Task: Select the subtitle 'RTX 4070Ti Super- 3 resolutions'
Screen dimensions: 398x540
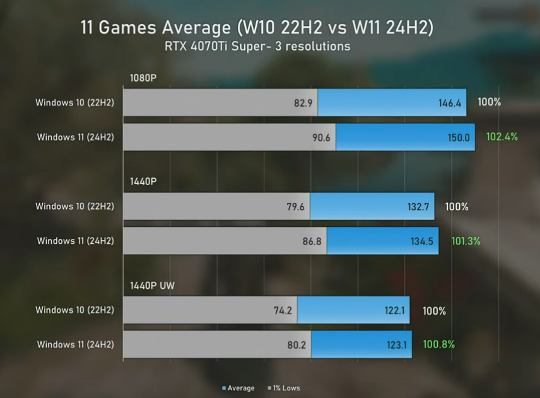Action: pos(257,46)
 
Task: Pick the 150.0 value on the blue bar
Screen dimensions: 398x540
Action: pos(458,137)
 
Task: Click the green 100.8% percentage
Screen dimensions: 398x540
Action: pos(439,344)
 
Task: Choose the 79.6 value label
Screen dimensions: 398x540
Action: pos(296,207)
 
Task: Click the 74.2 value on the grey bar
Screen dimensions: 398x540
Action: pos(283,310)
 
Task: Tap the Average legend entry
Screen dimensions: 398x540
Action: pos(238,388)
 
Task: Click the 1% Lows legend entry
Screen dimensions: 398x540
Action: pos(284,388)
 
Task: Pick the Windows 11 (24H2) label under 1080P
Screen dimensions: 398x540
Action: pos(75,136)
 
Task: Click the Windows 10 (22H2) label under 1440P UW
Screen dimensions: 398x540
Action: pos(74,310)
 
